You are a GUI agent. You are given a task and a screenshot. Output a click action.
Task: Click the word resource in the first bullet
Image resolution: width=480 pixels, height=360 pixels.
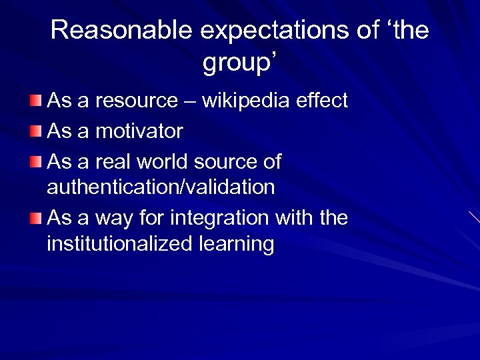point(136,101)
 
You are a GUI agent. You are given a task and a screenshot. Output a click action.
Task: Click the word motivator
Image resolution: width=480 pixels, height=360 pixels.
point(139,131)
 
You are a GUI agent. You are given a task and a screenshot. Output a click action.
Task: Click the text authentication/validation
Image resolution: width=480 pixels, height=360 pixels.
point(161,187)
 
